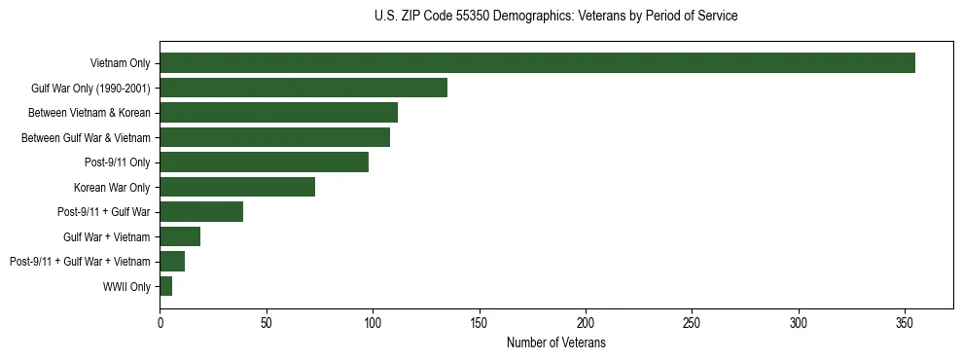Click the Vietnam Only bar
pos(537,63)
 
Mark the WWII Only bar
pos(165,286)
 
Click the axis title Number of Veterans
pos(556,342)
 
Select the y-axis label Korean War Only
pos(112,188)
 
